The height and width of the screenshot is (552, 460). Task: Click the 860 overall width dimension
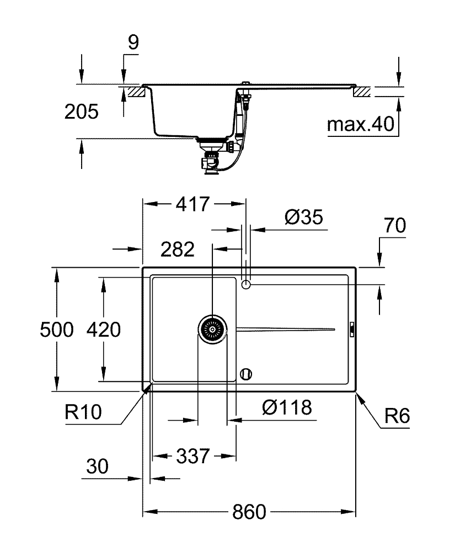click(248, 512)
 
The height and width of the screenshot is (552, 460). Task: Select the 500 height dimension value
click(56, 330)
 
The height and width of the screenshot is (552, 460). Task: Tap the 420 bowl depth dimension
click(104, 330)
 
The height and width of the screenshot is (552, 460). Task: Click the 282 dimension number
click(178, 250)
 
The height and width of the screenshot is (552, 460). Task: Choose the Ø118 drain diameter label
click(287, 408)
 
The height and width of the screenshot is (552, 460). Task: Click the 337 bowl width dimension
click(193, 457)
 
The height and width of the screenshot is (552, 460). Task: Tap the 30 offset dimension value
click(98, 468)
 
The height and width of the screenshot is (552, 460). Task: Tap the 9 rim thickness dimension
click(133, 43)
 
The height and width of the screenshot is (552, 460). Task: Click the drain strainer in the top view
click(212, 330)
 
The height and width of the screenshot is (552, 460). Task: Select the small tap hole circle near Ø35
click(247, 284)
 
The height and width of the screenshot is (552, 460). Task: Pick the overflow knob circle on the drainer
click(247, 374)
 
